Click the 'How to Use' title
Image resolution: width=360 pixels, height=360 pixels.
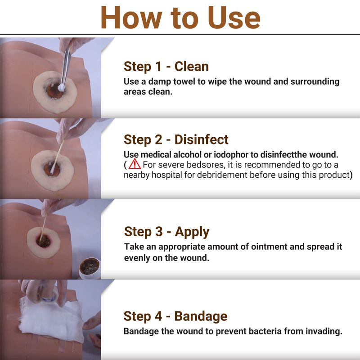tap(180, 18)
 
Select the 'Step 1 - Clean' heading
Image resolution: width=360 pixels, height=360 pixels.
tap(166, 67)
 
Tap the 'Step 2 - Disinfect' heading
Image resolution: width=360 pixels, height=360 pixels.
tap(176, 139)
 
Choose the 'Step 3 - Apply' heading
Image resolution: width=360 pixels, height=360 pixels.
tap(166, 232)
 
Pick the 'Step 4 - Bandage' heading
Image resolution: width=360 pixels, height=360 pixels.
tap(175, 316)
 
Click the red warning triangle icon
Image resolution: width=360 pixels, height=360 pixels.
tap(135, 164)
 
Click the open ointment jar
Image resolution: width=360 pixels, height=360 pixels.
tap(90, 268)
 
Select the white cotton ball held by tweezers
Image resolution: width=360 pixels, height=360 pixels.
tap(61, 87)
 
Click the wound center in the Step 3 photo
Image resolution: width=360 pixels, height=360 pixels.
tap(44, 241)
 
